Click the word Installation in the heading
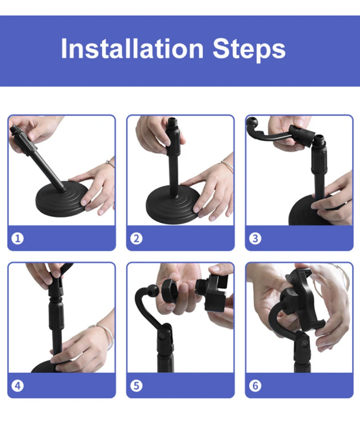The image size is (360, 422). tap(132, 49)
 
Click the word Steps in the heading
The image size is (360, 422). tap(249, 49)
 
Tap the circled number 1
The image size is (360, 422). tap(18, 239)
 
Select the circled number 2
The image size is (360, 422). tap(137, 239)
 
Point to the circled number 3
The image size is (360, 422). tap(255, 239)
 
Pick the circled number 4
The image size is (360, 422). tap(18, 386)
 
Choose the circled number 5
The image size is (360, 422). tap(137, 386)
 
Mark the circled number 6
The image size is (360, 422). tap(255, 386)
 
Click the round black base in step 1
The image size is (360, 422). tap(62, 199)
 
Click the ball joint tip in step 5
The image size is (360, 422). tap(153, 291)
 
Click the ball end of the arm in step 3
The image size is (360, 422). tap(252, 123)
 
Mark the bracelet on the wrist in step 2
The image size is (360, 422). tap(228, 165)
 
